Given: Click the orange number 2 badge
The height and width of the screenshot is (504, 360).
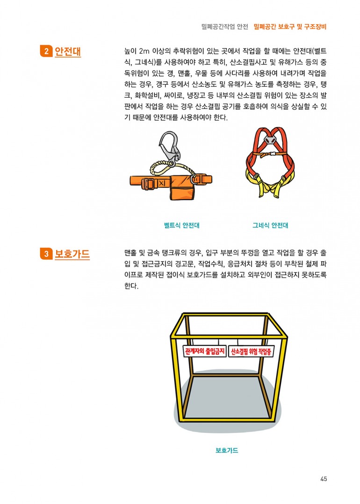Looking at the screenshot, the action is [x=46, y=51].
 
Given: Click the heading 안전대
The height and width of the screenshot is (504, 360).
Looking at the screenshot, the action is [x=68, y=51].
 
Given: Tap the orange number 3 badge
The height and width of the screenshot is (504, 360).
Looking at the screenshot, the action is [x=46, y=253].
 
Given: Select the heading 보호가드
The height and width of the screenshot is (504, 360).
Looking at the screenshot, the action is [x=72, y=253].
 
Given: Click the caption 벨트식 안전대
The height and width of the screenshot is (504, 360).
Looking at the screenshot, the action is [x=181, y=225].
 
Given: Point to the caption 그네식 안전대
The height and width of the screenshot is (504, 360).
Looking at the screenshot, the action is [x=270, y=225].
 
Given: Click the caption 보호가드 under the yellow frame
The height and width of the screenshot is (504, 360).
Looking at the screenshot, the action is [x=227, y=450].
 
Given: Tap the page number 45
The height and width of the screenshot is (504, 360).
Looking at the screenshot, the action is [x=324, y=479].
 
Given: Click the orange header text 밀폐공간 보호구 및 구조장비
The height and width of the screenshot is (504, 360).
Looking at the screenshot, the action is [x=290, y=27].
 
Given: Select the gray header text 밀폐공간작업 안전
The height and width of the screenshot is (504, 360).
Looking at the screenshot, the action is [x=225, y=27].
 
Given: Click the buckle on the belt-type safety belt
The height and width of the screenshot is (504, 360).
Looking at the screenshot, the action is [x=149, y=183].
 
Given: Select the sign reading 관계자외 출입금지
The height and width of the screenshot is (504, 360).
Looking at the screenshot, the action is [x=205, y=351].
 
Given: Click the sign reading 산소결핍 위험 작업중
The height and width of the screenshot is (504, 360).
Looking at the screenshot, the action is [x=251, y=351].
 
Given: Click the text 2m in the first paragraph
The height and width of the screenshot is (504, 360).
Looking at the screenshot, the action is [x=144, y=51].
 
